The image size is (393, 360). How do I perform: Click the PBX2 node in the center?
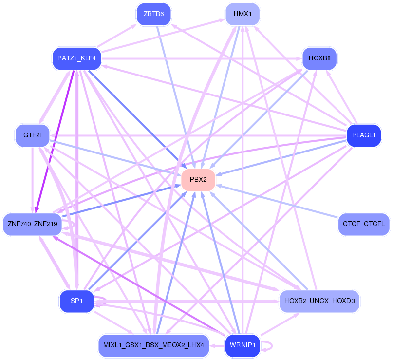click(198, 180)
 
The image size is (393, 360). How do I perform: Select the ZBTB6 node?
click(153, 14)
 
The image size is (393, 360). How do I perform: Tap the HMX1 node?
click(243, 14)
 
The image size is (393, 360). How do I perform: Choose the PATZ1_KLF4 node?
click(76, 58)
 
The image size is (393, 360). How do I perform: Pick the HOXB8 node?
click(319, 58)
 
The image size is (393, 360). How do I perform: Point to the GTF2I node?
click(32, 135)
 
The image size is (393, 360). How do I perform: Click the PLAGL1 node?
click(364, 135)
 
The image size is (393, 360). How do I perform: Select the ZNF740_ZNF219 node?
click(32, 224)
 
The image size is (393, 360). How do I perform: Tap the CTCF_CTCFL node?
click(364, 224)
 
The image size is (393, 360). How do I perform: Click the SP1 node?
click(76, 301)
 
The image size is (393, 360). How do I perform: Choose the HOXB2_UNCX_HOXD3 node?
click(319, 301)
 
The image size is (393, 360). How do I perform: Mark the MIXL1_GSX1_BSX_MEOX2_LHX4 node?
click(153, 345)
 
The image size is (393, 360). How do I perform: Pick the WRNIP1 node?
click(243, 345)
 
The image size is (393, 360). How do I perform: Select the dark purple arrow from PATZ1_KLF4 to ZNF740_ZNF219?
click(55, 141)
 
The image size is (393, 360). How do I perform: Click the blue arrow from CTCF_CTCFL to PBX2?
click(277, 201)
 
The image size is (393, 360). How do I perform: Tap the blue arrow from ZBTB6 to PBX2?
click(176, 97)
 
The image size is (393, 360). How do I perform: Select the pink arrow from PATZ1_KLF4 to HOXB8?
click(202, 58)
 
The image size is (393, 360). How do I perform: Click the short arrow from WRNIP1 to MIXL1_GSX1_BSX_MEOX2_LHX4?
click(217, 346)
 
